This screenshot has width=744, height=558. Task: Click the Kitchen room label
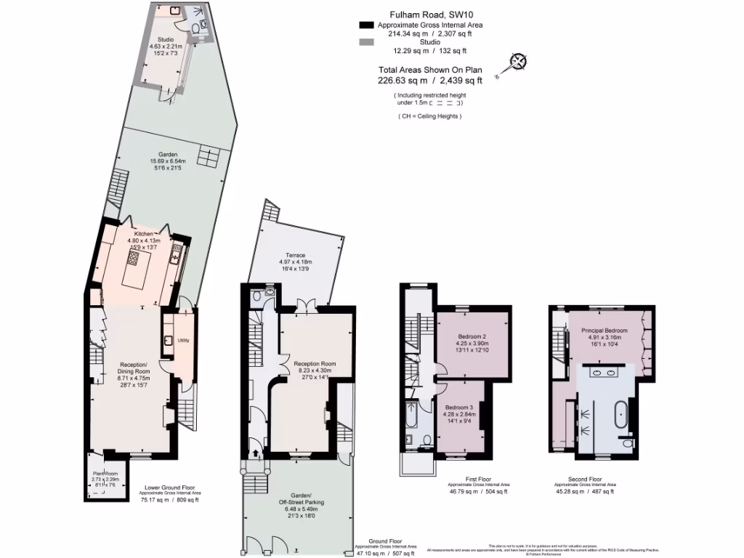point(143,234)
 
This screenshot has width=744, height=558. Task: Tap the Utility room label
point(183,339)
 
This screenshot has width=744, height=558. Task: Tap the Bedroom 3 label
point(459,407)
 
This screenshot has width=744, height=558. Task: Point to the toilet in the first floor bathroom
point(426,440)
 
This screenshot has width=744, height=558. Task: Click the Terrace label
point(295,255)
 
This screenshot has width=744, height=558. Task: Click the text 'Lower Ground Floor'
point(169,488)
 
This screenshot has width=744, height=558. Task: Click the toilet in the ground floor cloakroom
point(270,291)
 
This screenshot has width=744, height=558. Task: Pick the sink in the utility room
point(168,340)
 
